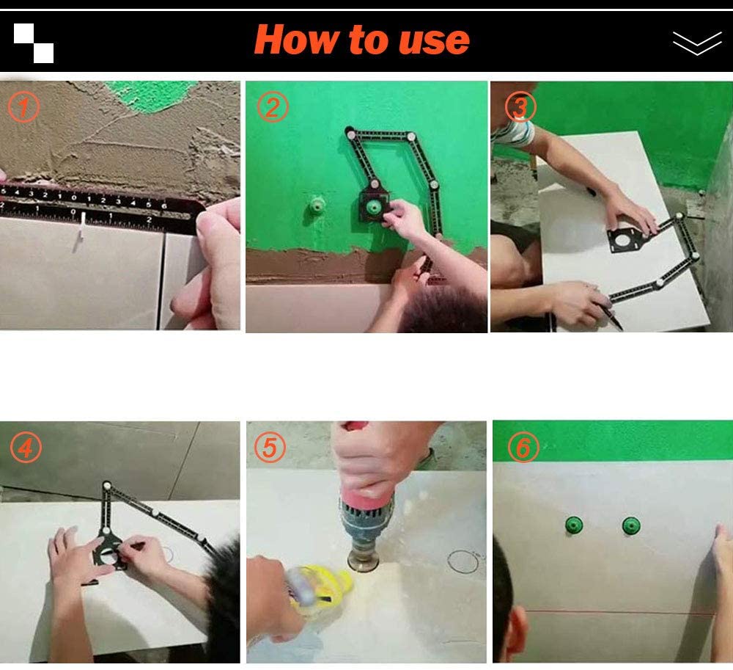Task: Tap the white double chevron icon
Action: pyautogui.click(x=696, y=43)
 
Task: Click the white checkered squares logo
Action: pyautogui.click(x=34, y=43)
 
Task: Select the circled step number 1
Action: pyautogui.click(x=24, y=108)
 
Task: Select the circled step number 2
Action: pyautogui.click(x=272, y=108)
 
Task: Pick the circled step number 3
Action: pyautogui.click(x=520, y=108)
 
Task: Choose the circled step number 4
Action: pyautogui.click(x=25, y=448)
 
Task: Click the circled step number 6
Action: pyautogui.click(x=522, y=448)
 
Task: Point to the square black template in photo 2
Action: pyautogui.click(x=375, y=210)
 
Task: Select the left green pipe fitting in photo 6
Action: pyautogui.click(x=572, y=525)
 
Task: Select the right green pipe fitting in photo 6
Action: pyautogui.click(x=630, y=525)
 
